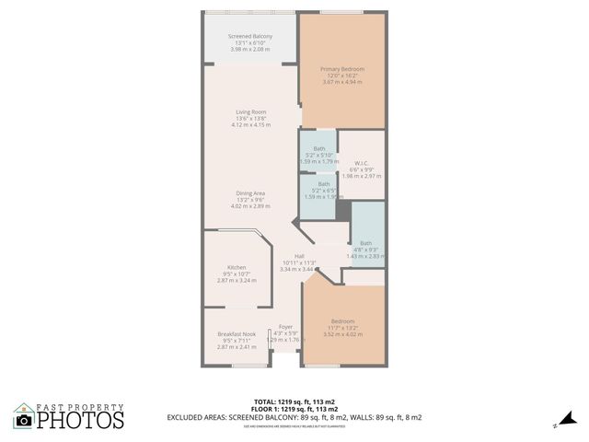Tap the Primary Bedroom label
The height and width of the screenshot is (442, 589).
coord(341,69)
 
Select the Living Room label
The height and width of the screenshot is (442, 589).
coord(250,111)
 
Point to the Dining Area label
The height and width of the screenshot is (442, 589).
coord(250,192)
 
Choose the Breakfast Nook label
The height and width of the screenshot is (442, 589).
coord(237,333)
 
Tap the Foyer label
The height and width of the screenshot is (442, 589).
coord(285,326)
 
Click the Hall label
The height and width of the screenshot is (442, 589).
coord(299,255)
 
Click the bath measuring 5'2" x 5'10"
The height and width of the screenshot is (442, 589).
coord(318,148)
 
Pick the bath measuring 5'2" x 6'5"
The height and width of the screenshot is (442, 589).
coord(324,183)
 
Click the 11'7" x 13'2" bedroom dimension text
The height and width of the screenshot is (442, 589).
coord(342,328)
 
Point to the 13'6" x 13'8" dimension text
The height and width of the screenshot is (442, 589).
coord(250,118)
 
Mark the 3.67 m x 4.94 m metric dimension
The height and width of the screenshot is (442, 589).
coord(342,83)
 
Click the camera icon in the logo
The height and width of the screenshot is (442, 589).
coord(24,420)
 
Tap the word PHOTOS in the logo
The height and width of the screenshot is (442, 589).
coord(80,421)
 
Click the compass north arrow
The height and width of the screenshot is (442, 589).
coord(554,425)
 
